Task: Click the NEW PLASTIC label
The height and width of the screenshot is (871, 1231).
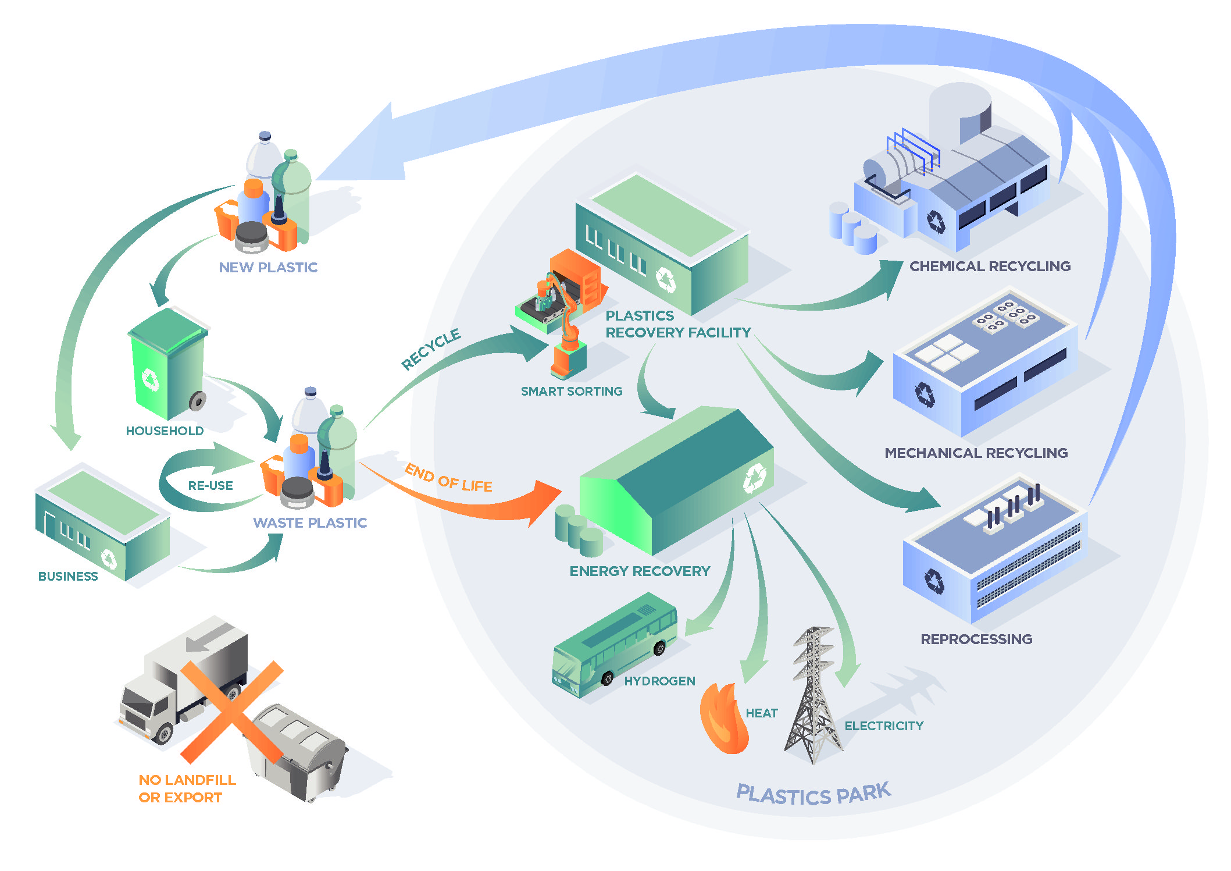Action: click(x=268, y=267)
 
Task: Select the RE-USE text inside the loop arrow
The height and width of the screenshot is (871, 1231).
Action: click(x=210, y=485)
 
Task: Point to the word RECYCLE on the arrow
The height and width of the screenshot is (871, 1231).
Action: click(x=431, y=349)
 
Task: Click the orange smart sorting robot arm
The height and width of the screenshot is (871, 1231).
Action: click(x=564, y=326)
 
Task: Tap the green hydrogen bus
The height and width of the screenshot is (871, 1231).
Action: click(x=613, y=646)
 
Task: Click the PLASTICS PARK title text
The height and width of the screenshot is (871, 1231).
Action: click(x=813, y=794)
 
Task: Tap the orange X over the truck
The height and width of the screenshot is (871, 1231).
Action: click(x=231, y=712)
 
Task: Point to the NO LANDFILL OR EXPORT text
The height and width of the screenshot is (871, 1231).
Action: click(x=187, y=788)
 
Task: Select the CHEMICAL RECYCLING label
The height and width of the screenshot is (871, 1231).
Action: click(x=990, y=266)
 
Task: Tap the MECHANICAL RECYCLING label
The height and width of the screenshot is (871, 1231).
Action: click(x=976, y=453)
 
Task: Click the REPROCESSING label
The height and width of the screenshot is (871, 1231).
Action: click(x=976, y=639)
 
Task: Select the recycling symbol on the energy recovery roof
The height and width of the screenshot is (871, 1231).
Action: click(x=754, y=478)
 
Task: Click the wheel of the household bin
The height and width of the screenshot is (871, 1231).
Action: click(x=198, y=401)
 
